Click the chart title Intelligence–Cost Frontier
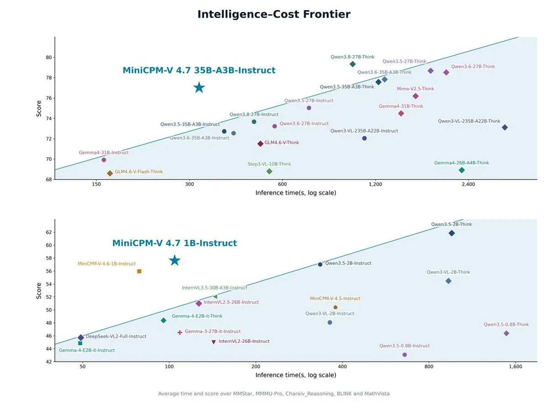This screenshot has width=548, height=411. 274,14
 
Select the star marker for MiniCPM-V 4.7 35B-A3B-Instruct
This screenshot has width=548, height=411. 199,88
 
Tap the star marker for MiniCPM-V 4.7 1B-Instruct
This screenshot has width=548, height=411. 174,260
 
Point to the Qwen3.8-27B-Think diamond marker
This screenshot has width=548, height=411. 353,64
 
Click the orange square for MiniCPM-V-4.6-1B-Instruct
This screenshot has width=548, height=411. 139,271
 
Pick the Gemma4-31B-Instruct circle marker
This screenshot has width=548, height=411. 104,160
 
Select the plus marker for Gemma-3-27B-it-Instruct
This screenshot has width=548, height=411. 179,332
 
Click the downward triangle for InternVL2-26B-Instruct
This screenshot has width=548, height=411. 213,342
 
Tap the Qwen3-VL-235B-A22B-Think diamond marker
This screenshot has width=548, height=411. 505,127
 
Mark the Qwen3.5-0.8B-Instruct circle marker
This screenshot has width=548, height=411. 405,355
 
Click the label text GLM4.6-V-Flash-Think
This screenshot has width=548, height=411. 138,172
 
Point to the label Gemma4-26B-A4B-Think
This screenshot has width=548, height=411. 461,163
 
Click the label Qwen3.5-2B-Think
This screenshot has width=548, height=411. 451,224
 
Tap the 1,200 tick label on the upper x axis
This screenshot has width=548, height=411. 375,184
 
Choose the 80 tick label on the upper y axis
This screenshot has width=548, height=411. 49,58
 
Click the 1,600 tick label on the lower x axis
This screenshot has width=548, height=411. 516,367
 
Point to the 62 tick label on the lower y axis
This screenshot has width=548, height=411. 49,232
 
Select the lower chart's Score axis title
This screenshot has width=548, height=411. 39,291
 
